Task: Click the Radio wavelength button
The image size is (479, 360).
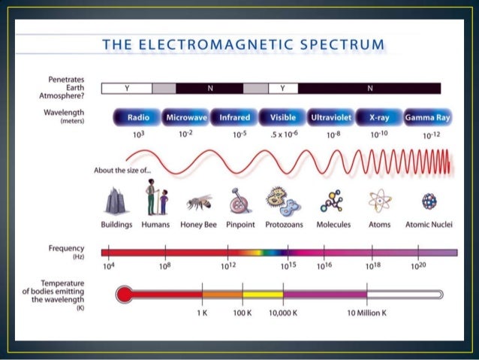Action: point(138,118)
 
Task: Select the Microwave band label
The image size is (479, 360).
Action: point(186,118)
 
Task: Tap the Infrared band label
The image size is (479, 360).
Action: point(234,118)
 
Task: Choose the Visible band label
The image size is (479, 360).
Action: point(282,118)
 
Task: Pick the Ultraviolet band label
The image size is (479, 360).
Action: point(330,118)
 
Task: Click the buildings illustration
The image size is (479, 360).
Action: point(115,200)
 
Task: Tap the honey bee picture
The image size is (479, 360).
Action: point(198,201)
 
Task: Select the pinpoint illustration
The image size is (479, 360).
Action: point(239,201)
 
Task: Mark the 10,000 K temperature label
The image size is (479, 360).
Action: point(284,312)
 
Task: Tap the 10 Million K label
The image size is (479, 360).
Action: point(367,312)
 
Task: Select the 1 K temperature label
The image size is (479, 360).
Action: point(202,312)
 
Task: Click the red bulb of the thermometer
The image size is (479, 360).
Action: point(125,294)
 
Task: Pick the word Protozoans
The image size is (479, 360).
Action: point(283,224)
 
